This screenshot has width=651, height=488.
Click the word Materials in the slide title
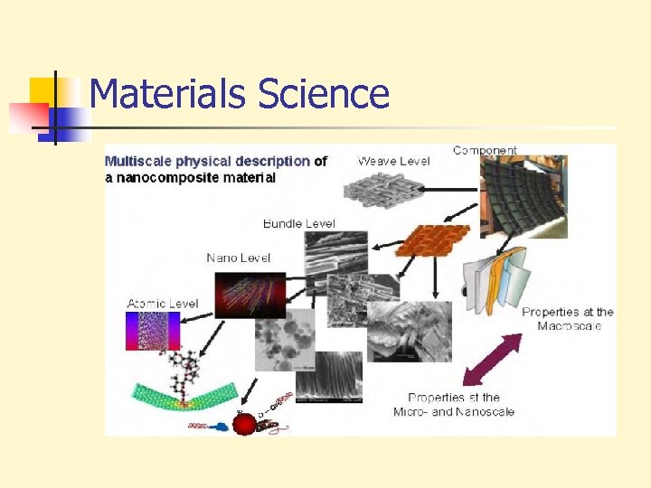tap(168, 94)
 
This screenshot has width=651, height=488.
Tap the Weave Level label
tap(394, 161)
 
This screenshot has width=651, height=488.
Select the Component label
tap(485, 150)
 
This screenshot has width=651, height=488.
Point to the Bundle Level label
tap(298, 223)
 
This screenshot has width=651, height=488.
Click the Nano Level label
tap(238, 258)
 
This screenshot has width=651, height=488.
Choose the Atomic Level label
tap(163, 304)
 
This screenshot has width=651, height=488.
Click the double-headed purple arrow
tap(492, 361)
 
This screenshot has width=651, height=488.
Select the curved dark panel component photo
tap(522, 197)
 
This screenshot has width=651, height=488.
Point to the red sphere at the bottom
tap(244, 423)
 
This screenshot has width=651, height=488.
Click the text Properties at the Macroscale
tap(567, 319)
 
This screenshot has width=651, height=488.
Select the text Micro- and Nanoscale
tap(454, 412)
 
